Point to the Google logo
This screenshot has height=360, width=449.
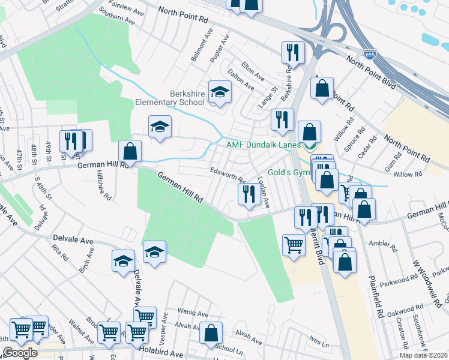[20, 353]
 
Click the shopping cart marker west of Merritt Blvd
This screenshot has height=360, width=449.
[293, 244]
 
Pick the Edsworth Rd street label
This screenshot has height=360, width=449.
[228, 175]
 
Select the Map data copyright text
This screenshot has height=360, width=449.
[424, 355]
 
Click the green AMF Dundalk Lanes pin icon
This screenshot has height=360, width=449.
[310, 146]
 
